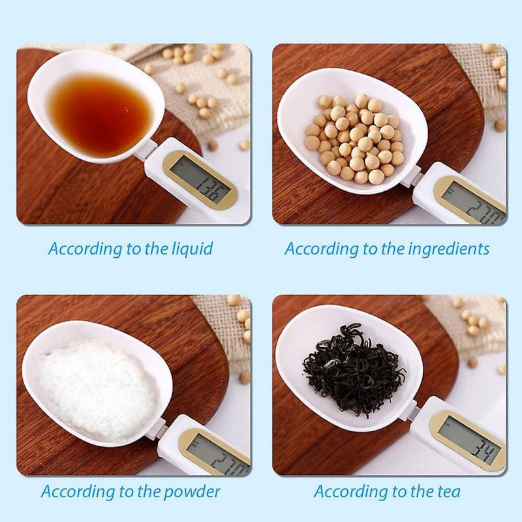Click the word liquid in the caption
(192, 249)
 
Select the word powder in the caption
(194, 491)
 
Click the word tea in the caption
(449, 491)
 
